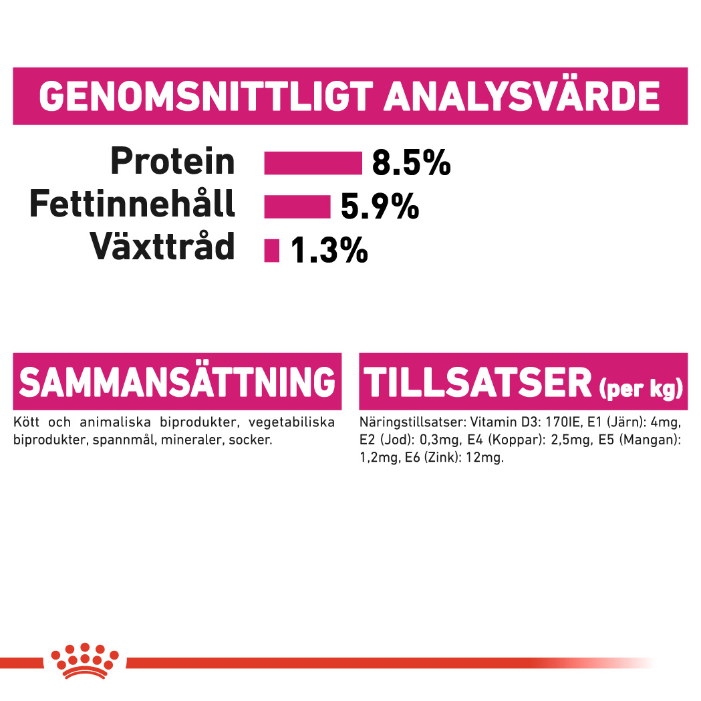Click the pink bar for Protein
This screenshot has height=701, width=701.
[313, 163]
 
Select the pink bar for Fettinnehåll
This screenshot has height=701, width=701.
[297, 207]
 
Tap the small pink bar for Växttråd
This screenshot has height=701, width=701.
[272, 251]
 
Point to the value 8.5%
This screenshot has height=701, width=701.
[411, 163]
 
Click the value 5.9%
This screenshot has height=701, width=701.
[380, 206]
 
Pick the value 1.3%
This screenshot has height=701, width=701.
[329, 250]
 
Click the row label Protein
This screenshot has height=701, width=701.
[172, 162]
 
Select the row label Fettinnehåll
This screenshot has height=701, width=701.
[132, 203]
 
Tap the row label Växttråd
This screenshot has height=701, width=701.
[162, 246]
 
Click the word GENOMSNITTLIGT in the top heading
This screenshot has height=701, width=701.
[206, 96]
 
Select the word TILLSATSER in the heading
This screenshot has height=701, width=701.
[477, 383]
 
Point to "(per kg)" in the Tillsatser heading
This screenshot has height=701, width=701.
[641, 388]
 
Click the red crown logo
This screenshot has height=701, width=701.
[85, 661]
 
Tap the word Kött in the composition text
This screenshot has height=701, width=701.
[26, 422]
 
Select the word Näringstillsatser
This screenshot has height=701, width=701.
[413, 423]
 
